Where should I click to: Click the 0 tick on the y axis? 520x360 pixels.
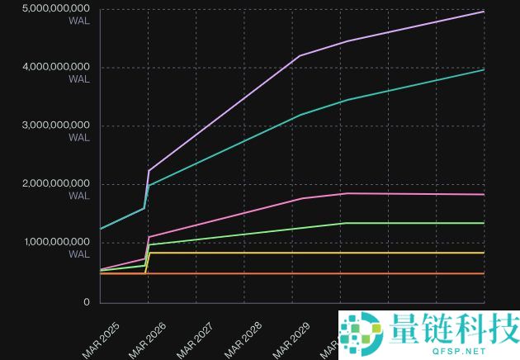86,301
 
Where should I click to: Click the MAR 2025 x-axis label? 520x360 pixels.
102,339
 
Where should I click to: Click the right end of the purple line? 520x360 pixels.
484,12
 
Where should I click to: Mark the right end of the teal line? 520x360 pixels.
484,69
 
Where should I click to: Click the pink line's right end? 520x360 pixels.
484,194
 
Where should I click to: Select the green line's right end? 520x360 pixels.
484,223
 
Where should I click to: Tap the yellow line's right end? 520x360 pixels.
484,253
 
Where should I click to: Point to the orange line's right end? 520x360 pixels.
484,273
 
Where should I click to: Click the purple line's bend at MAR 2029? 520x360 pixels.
299,55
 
